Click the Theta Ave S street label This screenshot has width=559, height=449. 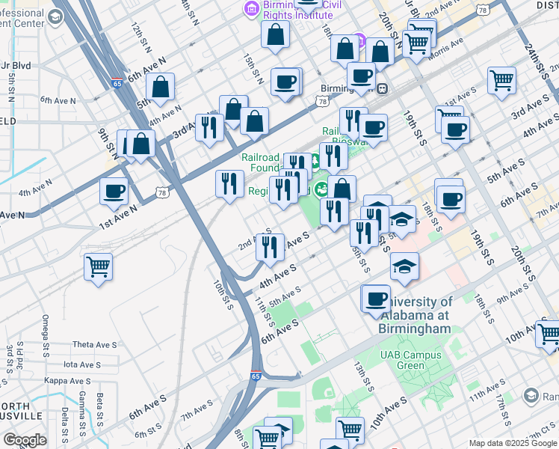point(95,345)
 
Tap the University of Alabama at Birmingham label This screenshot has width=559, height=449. point(416,315)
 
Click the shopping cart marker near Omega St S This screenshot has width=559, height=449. point(99,266)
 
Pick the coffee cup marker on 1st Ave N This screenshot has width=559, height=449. point(114,191)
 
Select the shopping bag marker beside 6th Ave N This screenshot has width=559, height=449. point(161,87)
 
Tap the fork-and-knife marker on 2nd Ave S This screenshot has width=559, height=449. point(270,246)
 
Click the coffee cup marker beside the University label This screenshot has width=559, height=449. point(375,299)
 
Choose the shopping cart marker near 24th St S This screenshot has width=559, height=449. point(501,79)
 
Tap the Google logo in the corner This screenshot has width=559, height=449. point(25,440)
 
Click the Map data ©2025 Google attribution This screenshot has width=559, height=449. point(513,443)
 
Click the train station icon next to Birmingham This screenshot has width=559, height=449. point(382,88)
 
